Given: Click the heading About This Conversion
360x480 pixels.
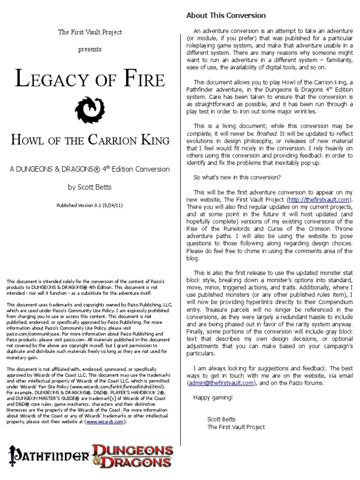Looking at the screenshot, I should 226,15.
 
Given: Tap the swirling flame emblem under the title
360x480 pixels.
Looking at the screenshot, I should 90,110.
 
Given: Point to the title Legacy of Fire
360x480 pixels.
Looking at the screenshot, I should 90,79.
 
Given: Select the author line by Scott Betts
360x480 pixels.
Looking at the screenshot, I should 90,187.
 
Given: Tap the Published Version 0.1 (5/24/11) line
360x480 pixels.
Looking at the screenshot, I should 90,205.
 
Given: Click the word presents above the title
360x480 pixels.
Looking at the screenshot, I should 90,49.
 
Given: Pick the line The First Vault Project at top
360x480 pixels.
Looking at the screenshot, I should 90,32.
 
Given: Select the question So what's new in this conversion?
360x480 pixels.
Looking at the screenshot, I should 237,177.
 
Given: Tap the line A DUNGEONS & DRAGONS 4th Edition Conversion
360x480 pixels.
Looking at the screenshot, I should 90,169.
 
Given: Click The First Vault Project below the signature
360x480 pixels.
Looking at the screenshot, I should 236,427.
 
